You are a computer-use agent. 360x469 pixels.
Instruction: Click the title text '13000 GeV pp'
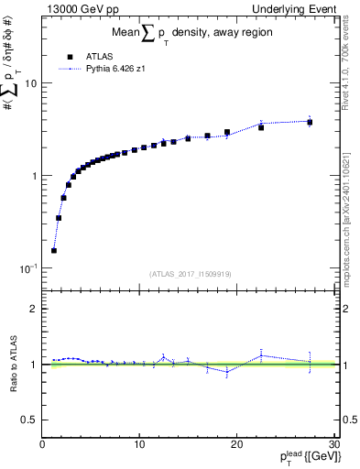tap(80, 8)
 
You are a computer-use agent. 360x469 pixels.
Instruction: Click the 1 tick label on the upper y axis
tap(34, 176)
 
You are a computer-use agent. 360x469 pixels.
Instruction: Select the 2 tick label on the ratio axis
tap(34, 309)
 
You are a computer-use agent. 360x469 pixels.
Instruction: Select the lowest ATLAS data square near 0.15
tap(54, 250)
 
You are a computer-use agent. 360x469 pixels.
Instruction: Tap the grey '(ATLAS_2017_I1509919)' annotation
tap(189, 273)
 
